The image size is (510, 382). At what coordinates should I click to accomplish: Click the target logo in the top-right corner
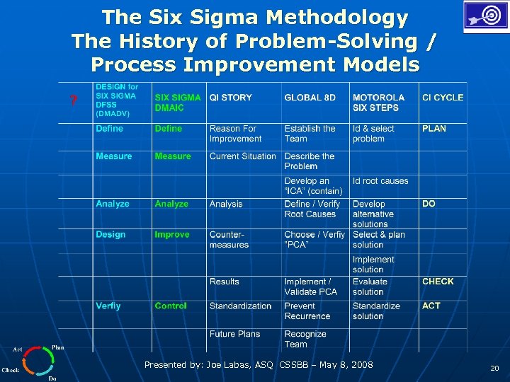[x=484, y=16]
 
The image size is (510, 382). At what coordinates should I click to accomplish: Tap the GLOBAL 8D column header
[x=310, y=98]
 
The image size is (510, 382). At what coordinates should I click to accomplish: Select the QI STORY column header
[x=230, y=98]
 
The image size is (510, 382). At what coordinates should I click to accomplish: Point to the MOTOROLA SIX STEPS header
[x=378, y=103]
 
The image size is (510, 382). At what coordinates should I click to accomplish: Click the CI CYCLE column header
[x=443, y=98]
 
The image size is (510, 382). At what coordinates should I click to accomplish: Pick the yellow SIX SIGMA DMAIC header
[x=178, y=103]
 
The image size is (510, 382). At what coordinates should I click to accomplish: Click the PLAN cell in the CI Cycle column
[x=434, y=129]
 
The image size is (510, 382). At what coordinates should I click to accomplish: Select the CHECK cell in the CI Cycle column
[x=438, y=282]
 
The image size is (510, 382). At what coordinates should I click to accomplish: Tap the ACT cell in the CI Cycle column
[x=431, y=306]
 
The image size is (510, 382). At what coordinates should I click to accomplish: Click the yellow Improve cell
[x=172, y=235]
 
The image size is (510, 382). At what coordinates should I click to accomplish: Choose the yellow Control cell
[x=171, y=306]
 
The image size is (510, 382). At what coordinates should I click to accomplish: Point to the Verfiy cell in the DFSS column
[x=108, y=306]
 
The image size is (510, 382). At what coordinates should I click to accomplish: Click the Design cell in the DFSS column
[x=110, y=235]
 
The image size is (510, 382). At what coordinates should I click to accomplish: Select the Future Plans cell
[x=234, y=334]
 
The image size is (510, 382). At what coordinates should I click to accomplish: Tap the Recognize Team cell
[x=305, y=339]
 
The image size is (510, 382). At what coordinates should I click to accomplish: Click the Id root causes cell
[x=380, y=181]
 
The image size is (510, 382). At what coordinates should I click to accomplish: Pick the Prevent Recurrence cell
[x=307, y=311]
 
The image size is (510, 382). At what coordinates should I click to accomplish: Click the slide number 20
[x=494, y=368]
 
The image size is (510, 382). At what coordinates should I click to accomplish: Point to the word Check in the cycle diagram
[x=11, y=370]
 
